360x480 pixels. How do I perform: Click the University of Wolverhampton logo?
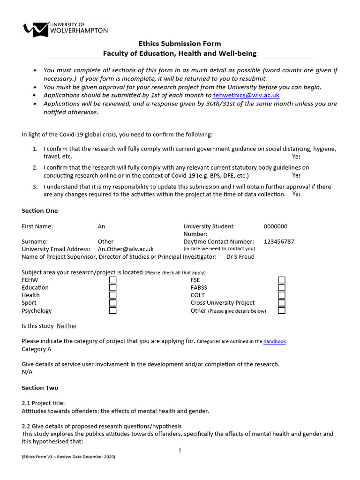click(x=65, y=29)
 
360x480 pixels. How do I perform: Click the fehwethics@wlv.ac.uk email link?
click(x=246, y=95)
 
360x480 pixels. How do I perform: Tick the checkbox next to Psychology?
click(x=113, y=310)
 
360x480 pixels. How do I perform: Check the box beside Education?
click(x=113, y=287)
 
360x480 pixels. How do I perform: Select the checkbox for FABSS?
click(x=282, y=287)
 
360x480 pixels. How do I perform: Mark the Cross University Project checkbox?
click(x=282, y=303)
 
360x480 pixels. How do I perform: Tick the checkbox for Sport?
click(x=113, y=303)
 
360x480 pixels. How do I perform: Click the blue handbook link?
click(x=274, y=342)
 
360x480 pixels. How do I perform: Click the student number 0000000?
click(x=276, y=226)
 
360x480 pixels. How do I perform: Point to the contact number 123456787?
click(x=279, y=241)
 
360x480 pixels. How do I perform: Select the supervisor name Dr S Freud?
click(x=241, y=257)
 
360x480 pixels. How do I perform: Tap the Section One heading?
click(x=40, y=211)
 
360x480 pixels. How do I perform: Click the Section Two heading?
click(x=40, y=388)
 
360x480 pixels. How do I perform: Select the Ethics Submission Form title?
click(x=180, y=44)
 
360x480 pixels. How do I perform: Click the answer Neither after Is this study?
click(x=67, y=326)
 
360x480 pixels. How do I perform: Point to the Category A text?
click(x=37, y=349)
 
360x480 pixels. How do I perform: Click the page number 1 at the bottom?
click(x=180, y=450)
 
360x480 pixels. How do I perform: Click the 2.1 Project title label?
click(x=44, y=403)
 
